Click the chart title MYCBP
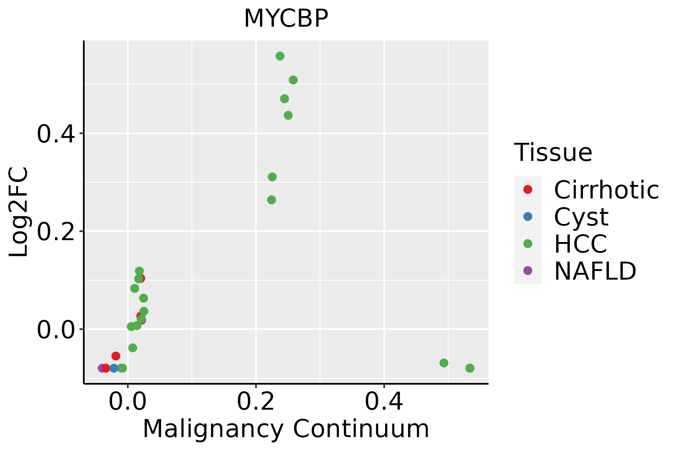[x=286, y=18]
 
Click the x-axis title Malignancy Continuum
[x=286, y=429]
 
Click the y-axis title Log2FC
[x=19, y=212]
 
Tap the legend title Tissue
[x=553, y=153]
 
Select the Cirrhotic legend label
[x=606, y=190]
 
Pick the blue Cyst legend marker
[x=528, y=216]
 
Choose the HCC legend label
[x=580, y=244]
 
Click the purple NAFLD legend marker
[x=528, y=270]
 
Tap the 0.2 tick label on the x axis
[x=256, y=401]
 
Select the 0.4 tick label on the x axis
[x=384, y=401]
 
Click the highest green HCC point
[x=280, y=56]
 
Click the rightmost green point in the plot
[x=470, y=368]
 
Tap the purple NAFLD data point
[x=102, y=368]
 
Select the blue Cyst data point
[x=114, y=368]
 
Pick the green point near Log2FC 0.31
[x=272, y=177]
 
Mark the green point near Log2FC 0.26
[x=272, y=200]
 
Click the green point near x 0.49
[x=444, y=363]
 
